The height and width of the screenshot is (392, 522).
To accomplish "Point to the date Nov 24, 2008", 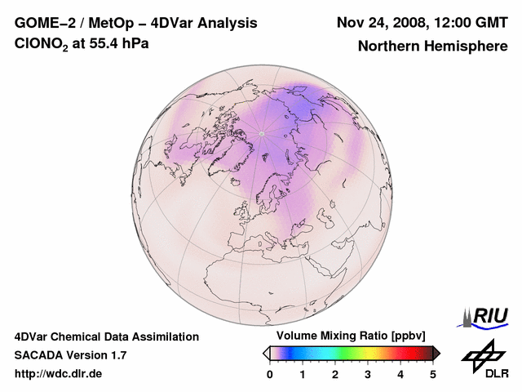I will point(382,23).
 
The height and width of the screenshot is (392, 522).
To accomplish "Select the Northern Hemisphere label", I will point(432,46).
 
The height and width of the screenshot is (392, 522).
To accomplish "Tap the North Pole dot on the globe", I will point(262,133).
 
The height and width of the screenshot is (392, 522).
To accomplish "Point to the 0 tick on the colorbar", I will point(270,374).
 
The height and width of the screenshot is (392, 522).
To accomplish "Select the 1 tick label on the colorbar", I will point(303,374).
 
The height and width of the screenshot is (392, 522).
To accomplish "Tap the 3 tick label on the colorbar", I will point(368,374).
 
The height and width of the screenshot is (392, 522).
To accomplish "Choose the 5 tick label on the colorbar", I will point(433,374).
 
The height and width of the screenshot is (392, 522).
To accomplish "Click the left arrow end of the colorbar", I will point(266,353).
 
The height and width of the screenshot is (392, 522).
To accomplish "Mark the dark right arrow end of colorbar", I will point(436,353).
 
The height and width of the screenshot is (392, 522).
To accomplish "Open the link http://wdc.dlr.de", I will point(59,374).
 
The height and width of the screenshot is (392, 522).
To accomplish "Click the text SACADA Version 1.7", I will point(70,355).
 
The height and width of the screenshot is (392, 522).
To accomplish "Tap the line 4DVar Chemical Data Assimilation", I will point(106,336).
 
